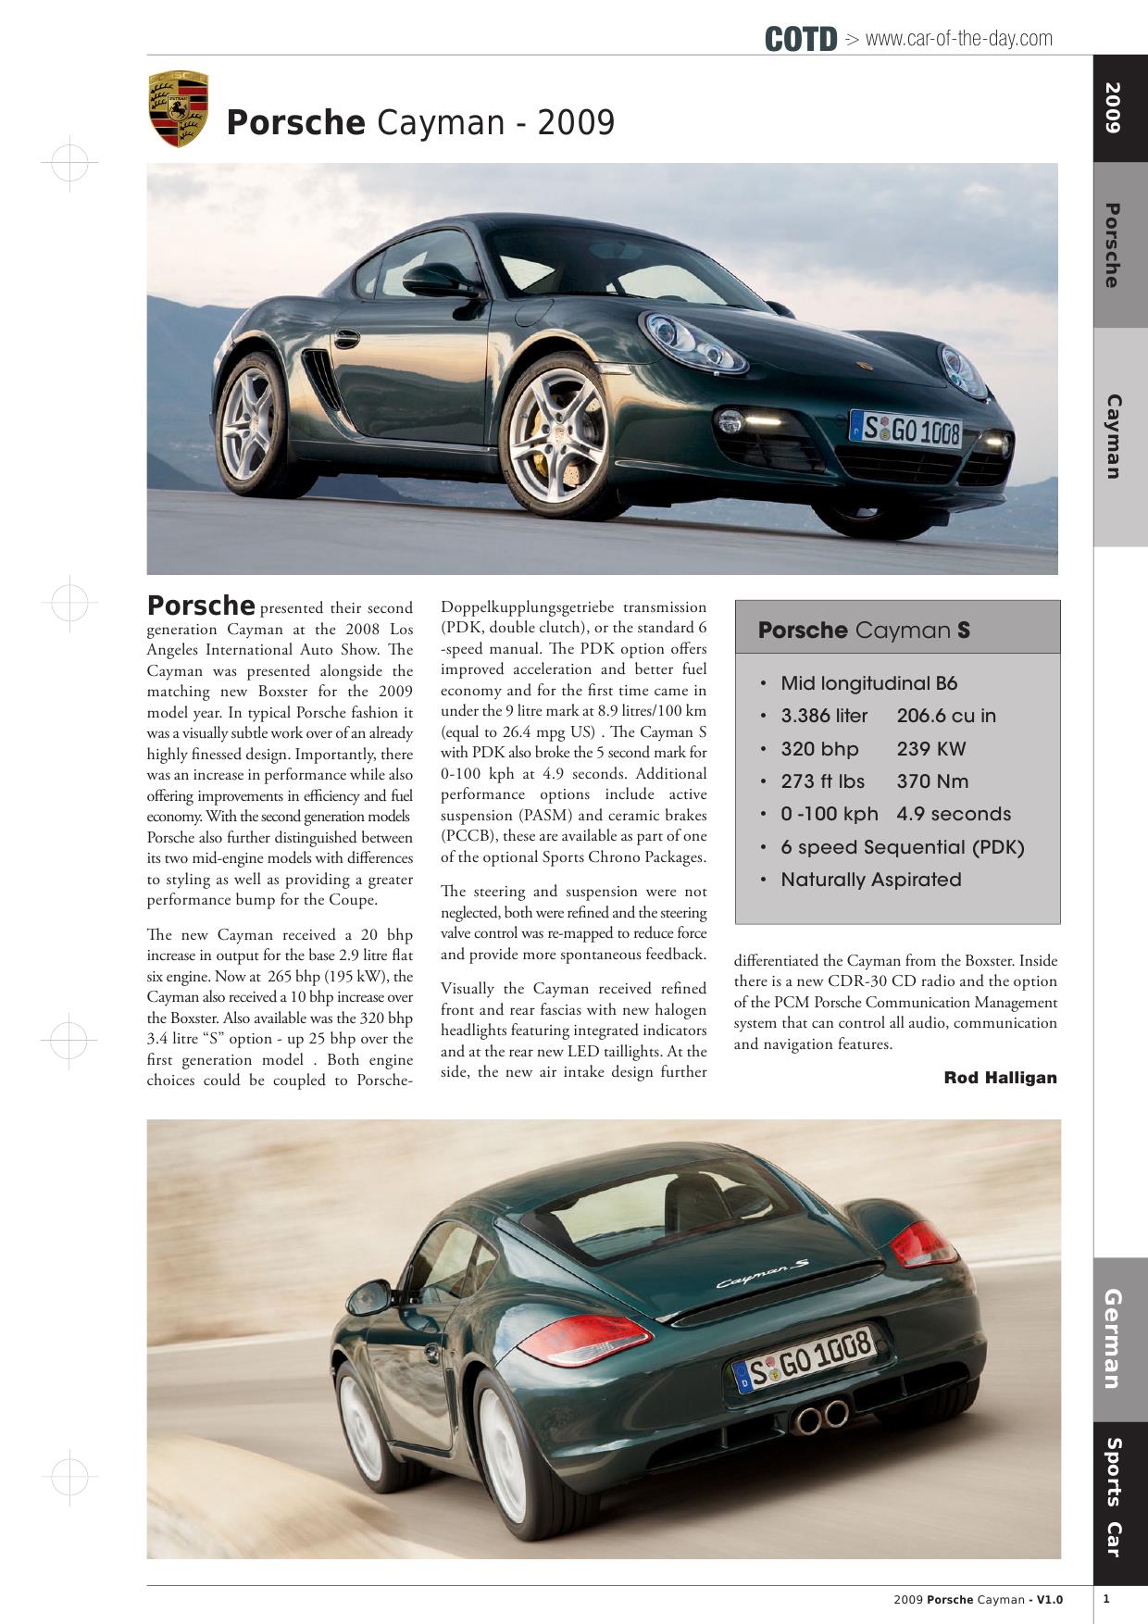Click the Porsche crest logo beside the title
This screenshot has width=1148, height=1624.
tap(178, 109)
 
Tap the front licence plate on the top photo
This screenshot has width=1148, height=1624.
tap(906, 430)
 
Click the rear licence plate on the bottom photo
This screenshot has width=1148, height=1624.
tap(804, 1360)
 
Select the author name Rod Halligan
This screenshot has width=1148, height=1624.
tap(1000, 1078)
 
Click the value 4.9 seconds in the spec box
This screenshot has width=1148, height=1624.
tap(953, 814)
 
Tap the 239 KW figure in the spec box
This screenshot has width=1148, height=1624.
tap(930, 749)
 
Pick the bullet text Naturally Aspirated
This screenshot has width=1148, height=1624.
tap(870, 880)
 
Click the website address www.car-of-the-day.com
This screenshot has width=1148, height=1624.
tap(958, 39)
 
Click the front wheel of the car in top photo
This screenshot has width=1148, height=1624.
tap(557, 437)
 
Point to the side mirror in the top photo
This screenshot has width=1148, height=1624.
tap(439, 278)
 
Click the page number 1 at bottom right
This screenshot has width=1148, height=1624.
tap(1106, 1598)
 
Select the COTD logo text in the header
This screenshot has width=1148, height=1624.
tap(801, 39)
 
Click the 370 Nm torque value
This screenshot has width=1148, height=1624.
tap(931, 781)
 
